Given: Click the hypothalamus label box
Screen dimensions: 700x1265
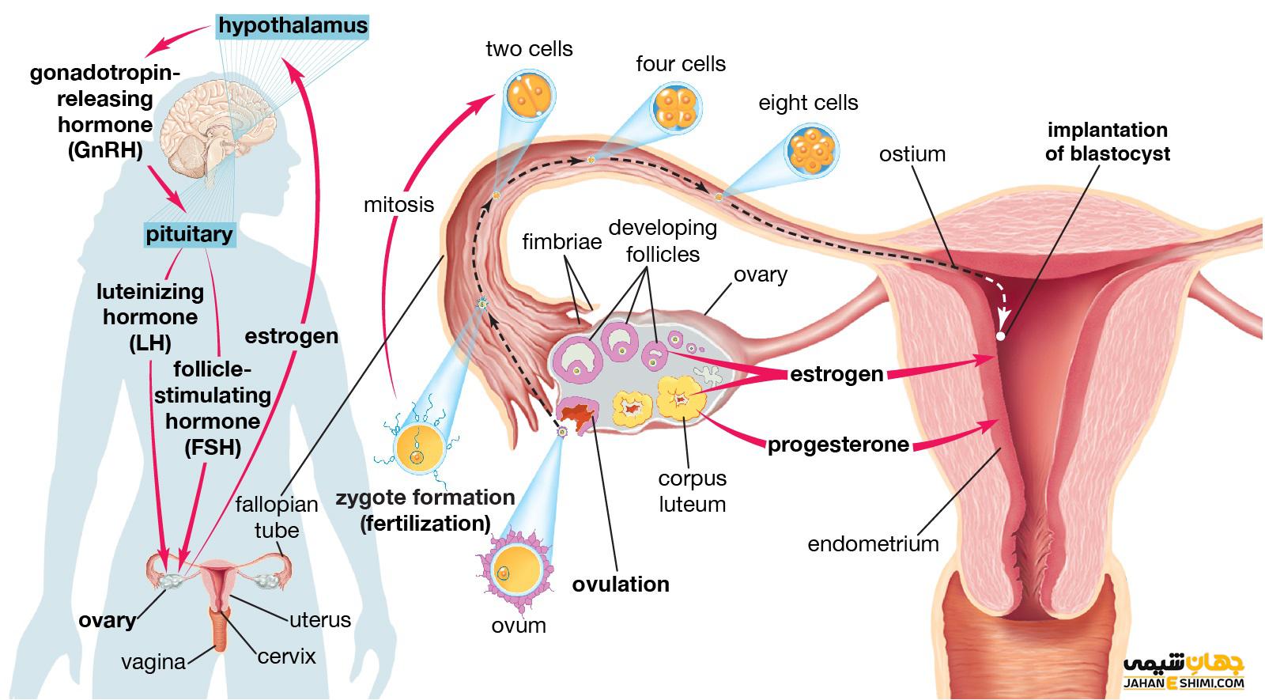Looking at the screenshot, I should coord(293,25).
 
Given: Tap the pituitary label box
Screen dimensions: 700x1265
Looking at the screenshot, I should coord(190,234).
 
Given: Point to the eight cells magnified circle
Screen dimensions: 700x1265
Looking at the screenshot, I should coord(811,148).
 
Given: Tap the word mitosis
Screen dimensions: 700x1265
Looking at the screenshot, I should coord(398,205).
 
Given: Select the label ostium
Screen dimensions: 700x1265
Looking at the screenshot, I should coord(912,153).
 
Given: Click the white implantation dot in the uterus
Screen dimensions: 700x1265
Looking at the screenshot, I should coord(1000,336).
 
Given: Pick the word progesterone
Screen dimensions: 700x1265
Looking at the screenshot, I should coord(838,445).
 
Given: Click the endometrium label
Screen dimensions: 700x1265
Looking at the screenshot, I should coord(873,544).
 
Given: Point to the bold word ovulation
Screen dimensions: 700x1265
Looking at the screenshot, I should coord(621,585).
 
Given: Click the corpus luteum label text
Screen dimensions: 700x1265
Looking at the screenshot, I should coord(692,491).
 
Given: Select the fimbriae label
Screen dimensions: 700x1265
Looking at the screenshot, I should coord(561,241).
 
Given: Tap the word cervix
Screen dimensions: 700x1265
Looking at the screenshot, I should coord(286,656).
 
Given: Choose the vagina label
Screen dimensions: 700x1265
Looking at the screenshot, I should coord(153,662).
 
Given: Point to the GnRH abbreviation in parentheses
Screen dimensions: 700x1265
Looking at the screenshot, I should coord(105,149).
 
